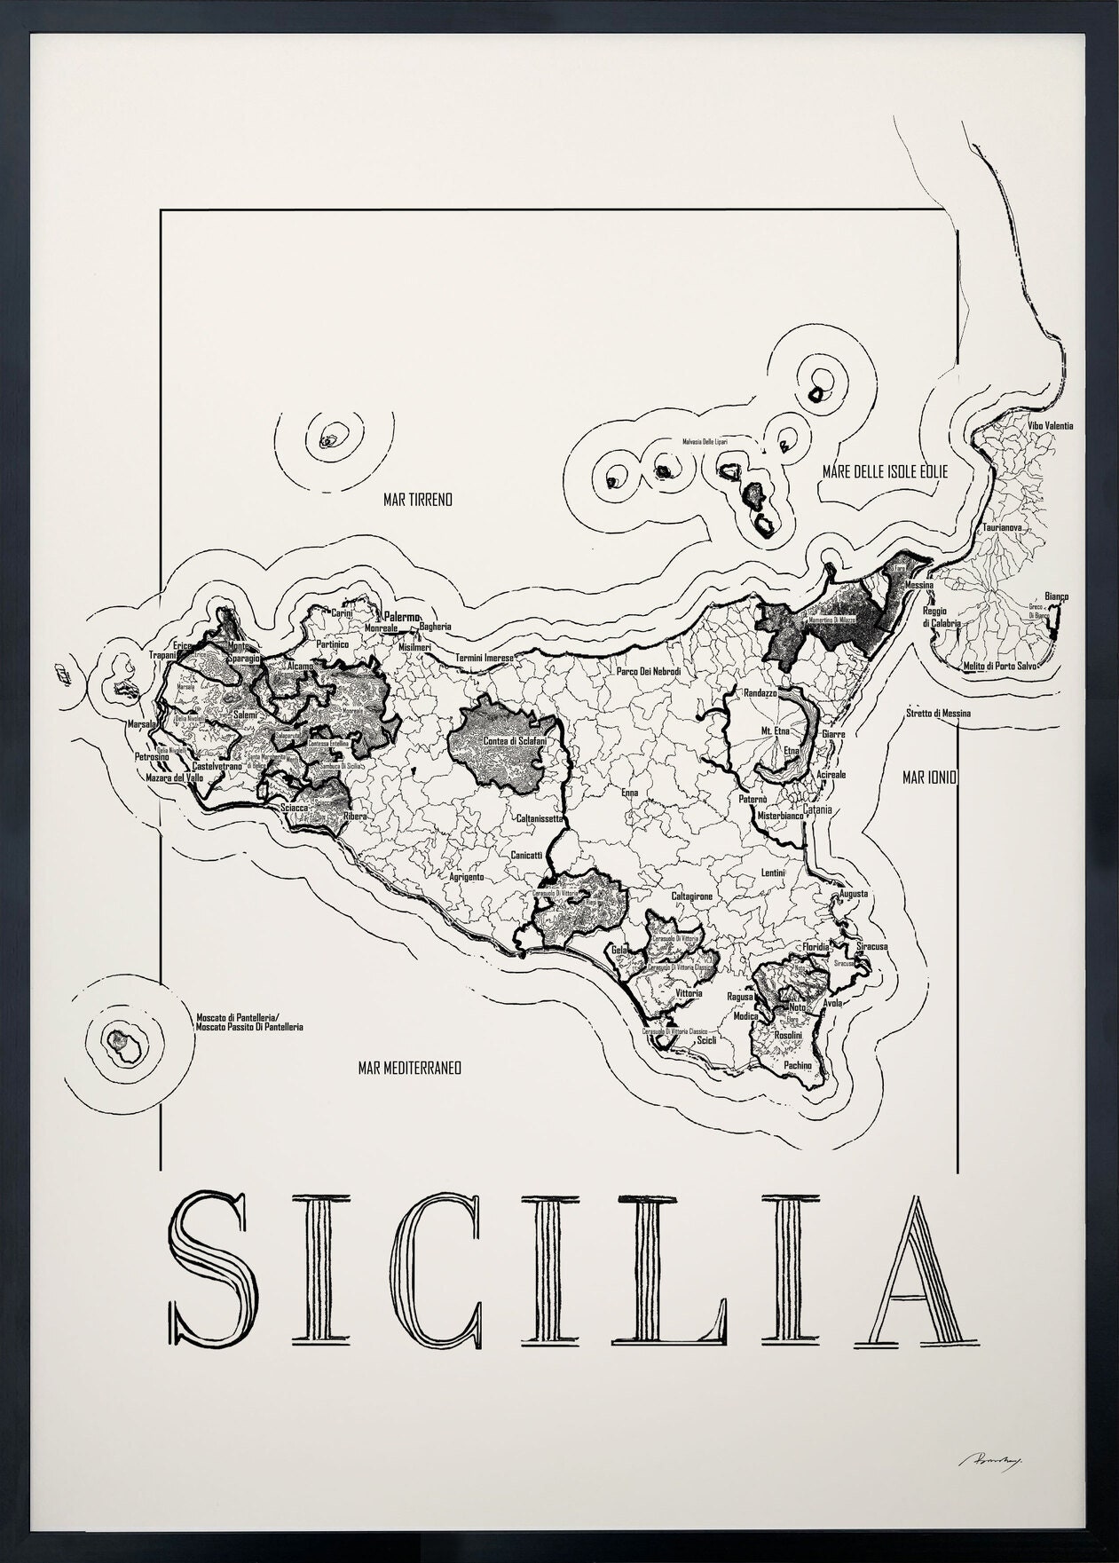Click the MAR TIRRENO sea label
point(417,501)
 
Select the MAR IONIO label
point(929,778)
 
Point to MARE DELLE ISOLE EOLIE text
point(885,473)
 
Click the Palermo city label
point(401,616)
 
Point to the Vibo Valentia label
point(1051,426)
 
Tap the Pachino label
point(797,1065)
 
